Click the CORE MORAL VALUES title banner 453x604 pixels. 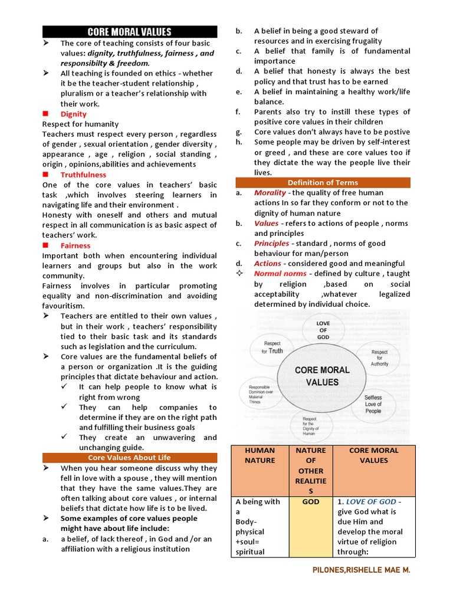coord(130,32)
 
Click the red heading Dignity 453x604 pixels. coord(73,114)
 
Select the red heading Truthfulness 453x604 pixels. coord(83,175)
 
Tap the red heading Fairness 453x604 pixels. coord(75,245)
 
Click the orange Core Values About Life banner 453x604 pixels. coord(130,457)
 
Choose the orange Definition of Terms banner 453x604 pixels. coord(323,182)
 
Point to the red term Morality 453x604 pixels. coord(270,193)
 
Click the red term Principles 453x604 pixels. coord(271,244)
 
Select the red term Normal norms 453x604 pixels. coord(280,274)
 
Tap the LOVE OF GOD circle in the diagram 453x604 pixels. coord(323,331)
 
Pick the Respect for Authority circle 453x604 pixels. coord(379,357)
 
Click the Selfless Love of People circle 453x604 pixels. coord(373,404)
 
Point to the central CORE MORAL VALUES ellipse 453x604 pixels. coord(322,376)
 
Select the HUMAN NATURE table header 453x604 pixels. coord(260,455)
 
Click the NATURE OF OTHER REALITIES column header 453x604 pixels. coord(311,471)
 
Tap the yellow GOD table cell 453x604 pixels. coord(311,527)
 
